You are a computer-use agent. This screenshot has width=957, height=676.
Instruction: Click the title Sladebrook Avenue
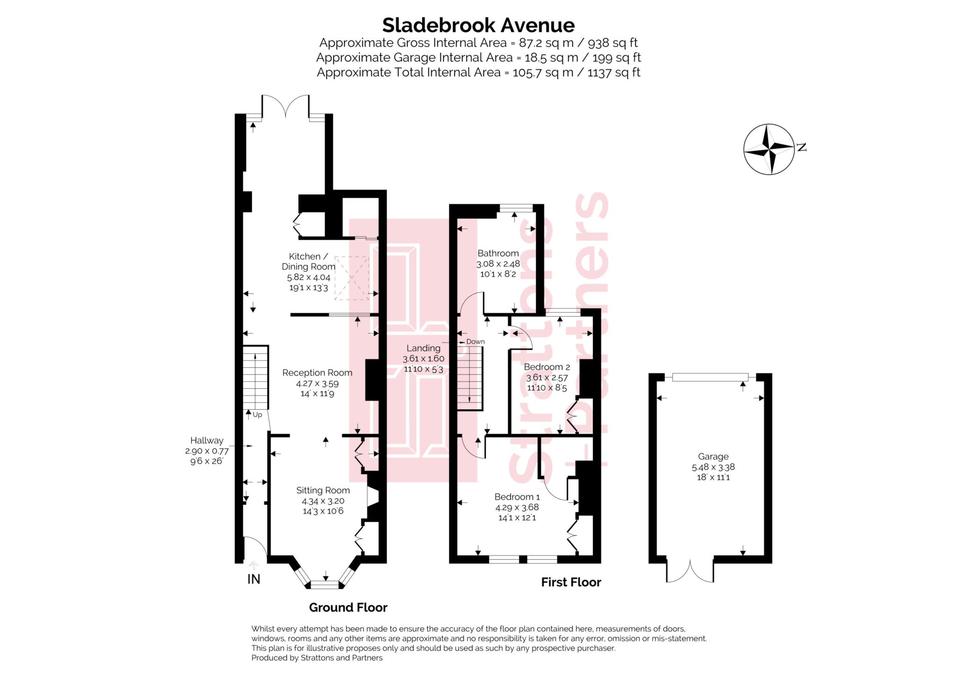click(x=478, y=25)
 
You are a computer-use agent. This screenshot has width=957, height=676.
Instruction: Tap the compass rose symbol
click(x=769, y=149)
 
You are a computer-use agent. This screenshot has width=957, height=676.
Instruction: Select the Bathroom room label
click(x=498, y=253)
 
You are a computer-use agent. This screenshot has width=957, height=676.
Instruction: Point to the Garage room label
click(x=713, y=456)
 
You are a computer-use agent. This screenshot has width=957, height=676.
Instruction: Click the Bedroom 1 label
click(x=517, y=497)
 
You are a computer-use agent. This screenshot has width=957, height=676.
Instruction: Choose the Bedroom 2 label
click(x=547, y=367)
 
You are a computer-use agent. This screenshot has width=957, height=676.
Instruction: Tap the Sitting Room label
click(x=323, y=491)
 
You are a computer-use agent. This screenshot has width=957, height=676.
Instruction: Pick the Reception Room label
click(x=317, y=373)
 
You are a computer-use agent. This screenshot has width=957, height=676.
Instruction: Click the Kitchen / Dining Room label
click(x=308, y=262)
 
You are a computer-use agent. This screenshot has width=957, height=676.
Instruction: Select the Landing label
click(x=423, y=348)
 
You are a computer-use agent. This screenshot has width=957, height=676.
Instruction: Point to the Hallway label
click(x=207, y=441)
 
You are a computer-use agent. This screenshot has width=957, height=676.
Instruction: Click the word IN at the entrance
click(x=254, y=579)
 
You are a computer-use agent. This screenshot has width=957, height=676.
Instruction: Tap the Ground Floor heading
click(x=348, y=607)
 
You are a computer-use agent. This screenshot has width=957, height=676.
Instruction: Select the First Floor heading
click(x=571, y=582)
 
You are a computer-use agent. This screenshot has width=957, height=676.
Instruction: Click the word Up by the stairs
click(x=257, y=414)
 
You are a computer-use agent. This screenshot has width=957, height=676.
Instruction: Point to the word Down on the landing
click(x=475, y=342)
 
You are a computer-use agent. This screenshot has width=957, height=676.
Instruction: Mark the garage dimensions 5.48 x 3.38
click(x=713, y=467)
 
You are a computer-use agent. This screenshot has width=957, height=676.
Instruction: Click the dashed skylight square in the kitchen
click(x=352, y=278)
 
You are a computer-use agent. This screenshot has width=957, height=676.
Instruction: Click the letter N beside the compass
click(x=802, y=148)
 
